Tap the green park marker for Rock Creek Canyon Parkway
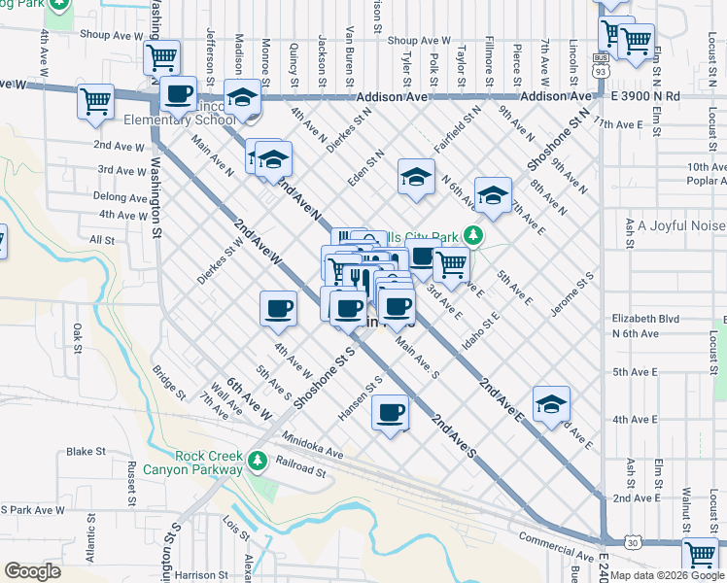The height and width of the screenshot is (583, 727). pyautogui.click(x=258, y=460)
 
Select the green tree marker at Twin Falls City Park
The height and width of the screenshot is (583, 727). pyautogui.click(x=472, y=235)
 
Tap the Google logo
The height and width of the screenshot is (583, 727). pyautogui.click(x=33, y=571)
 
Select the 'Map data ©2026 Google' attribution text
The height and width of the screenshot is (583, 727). pyautogui.click(x=667, y=575)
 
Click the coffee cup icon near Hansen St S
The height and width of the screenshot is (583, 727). pyautogui.click(x=391, y=412)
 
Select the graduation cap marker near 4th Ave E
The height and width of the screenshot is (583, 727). pyautogui.click(x=551, y=403)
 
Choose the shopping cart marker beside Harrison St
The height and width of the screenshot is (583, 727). pyautogui.click(x=701, y=555)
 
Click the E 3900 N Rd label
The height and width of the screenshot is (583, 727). pyautogui.click(x=646, y=97)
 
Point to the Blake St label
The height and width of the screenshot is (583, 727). pyautogui.click(x=86, y=452)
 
